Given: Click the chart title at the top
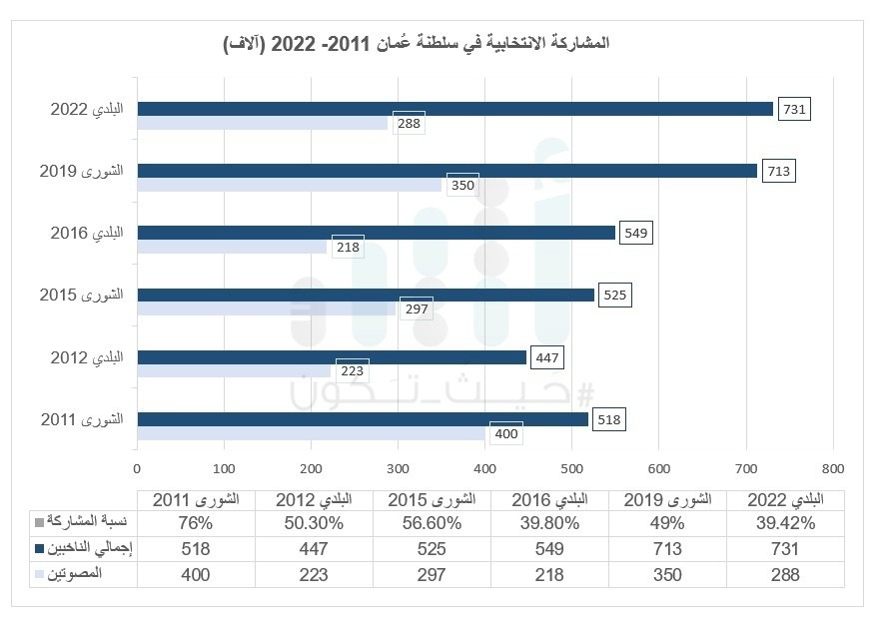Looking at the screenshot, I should [x=416, y=44].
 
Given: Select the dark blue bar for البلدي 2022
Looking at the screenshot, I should [x=454, y=109].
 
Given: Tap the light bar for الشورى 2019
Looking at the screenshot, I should [x=290, y=185].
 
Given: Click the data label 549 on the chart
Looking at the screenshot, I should [x=636, y=234].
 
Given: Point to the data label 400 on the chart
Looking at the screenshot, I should [x=505, y=434].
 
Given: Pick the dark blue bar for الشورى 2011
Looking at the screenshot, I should [x=363, y=419].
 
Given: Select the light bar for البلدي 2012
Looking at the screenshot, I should [x=234, y=371].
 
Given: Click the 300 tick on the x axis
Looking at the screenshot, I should [x=399, y=467].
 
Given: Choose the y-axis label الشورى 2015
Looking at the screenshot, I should [x=81, y=296].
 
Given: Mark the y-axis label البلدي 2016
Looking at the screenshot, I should [x=86, y=233].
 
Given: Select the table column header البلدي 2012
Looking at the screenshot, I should [x=314, y=499].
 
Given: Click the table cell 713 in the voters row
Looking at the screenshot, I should [x=668, y=548].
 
